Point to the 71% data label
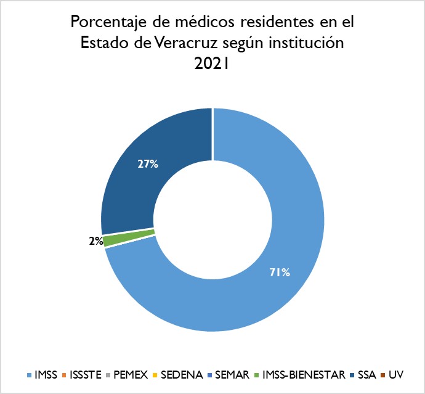280,271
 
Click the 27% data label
148,164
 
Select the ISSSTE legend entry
86,375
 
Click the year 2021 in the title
212,64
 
